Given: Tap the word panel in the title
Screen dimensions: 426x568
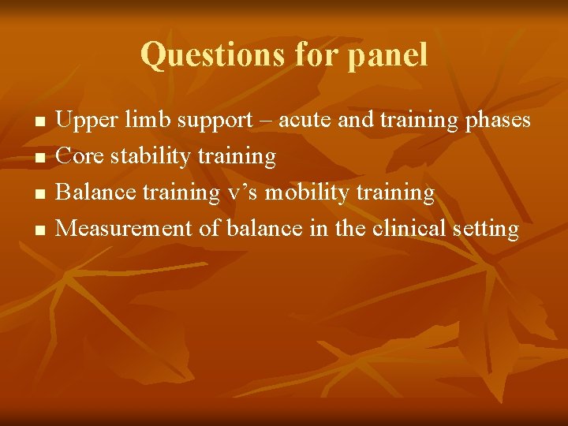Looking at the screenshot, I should coord(386,55).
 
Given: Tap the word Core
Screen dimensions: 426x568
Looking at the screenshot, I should coord(80,157).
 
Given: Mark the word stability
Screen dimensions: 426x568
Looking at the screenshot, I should coord(150,157).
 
